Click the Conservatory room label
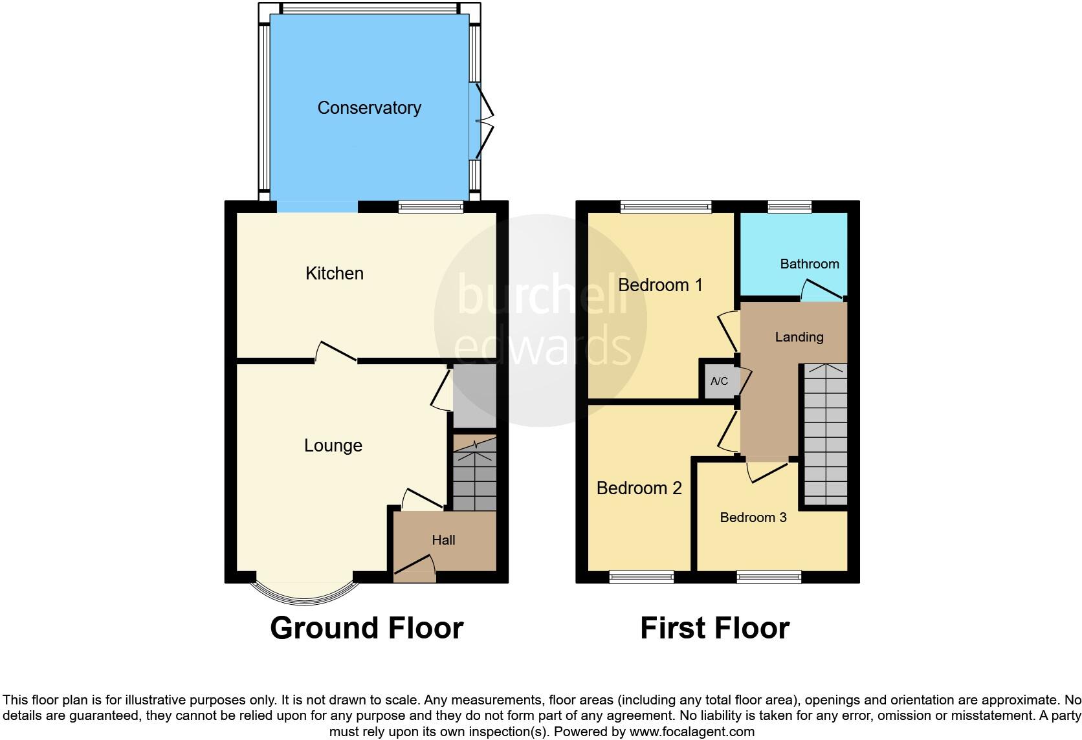369,108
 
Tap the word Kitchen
334,274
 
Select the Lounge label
333,446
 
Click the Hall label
443,540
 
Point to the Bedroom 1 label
659,285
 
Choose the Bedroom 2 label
639,488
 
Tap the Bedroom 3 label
753,517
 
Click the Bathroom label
809,264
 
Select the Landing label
799,337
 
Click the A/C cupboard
719,382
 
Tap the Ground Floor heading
366,628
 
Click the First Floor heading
714,628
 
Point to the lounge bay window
304,593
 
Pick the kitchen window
430,207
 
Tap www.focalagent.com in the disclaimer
692,732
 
